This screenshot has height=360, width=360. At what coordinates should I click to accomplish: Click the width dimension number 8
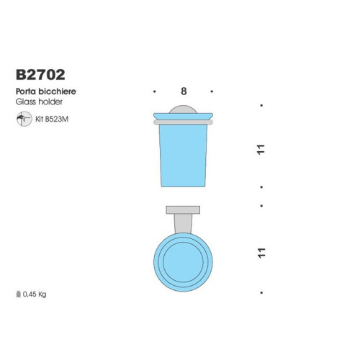coord(184,91)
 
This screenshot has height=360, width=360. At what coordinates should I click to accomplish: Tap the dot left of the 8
coord(156,92)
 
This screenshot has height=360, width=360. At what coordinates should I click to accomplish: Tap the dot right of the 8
coord(212,92)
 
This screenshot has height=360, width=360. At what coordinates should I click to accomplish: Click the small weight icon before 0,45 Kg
coord(19,294)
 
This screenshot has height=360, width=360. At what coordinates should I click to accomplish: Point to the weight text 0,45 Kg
coord(35,294)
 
